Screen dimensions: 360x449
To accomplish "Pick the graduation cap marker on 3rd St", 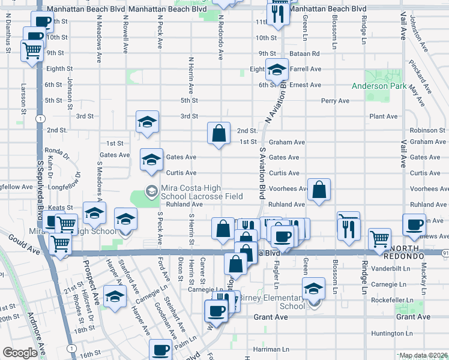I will (x=146, y=122).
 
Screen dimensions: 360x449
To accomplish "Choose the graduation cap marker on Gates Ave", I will (x=151, y=160).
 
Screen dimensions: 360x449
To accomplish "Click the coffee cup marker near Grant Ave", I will (x=216, y=311).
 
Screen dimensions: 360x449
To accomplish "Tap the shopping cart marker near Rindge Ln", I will (x=379, y=239).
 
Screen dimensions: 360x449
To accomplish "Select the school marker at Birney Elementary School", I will (x=313, y=289).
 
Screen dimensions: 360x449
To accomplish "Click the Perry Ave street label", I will (x=335, y=101).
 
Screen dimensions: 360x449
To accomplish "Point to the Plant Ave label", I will (x=384, y=116).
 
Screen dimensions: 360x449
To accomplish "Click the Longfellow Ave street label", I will (x=17, y=187).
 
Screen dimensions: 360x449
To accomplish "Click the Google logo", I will (x=20, y=353).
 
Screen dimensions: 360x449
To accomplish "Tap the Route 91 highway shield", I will (x=445, y=253).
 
